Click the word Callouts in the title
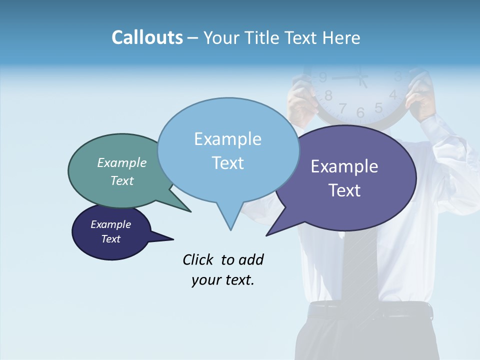[147, 37]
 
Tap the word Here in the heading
[341, 37]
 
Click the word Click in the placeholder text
[198, 259]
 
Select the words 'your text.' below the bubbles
[223, 280]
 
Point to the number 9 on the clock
[323, 77]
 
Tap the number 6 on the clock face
[360, 113]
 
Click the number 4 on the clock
[393, 94]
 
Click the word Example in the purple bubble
[344, 166]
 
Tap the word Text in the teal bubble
[122, 180]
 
